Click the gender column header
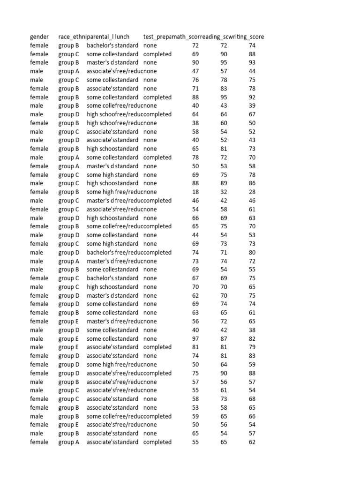click(39, 37)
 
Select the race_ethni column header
click(72, 37)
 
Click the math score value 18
click(195, 192)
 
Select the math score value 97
click(195, 338)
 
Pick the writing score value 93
click(252, 62)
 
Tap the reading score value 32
click(224, 192)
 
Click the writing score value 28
click(252, 192)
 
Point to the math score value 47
click(195, 71)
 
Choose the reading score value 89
click(224, 183)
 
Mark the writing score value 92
click(252, 97)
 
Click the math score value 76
click(195, 80)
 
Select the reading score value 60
click(224, 123)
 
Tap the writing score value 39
click(252, 105)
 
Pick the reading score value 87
click(224, 338)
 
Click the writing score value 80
click(252, 252)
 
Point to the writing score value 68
click(252, 399)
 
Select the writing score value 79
click(252, 347)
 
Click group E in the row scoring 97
click(68, 338)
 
